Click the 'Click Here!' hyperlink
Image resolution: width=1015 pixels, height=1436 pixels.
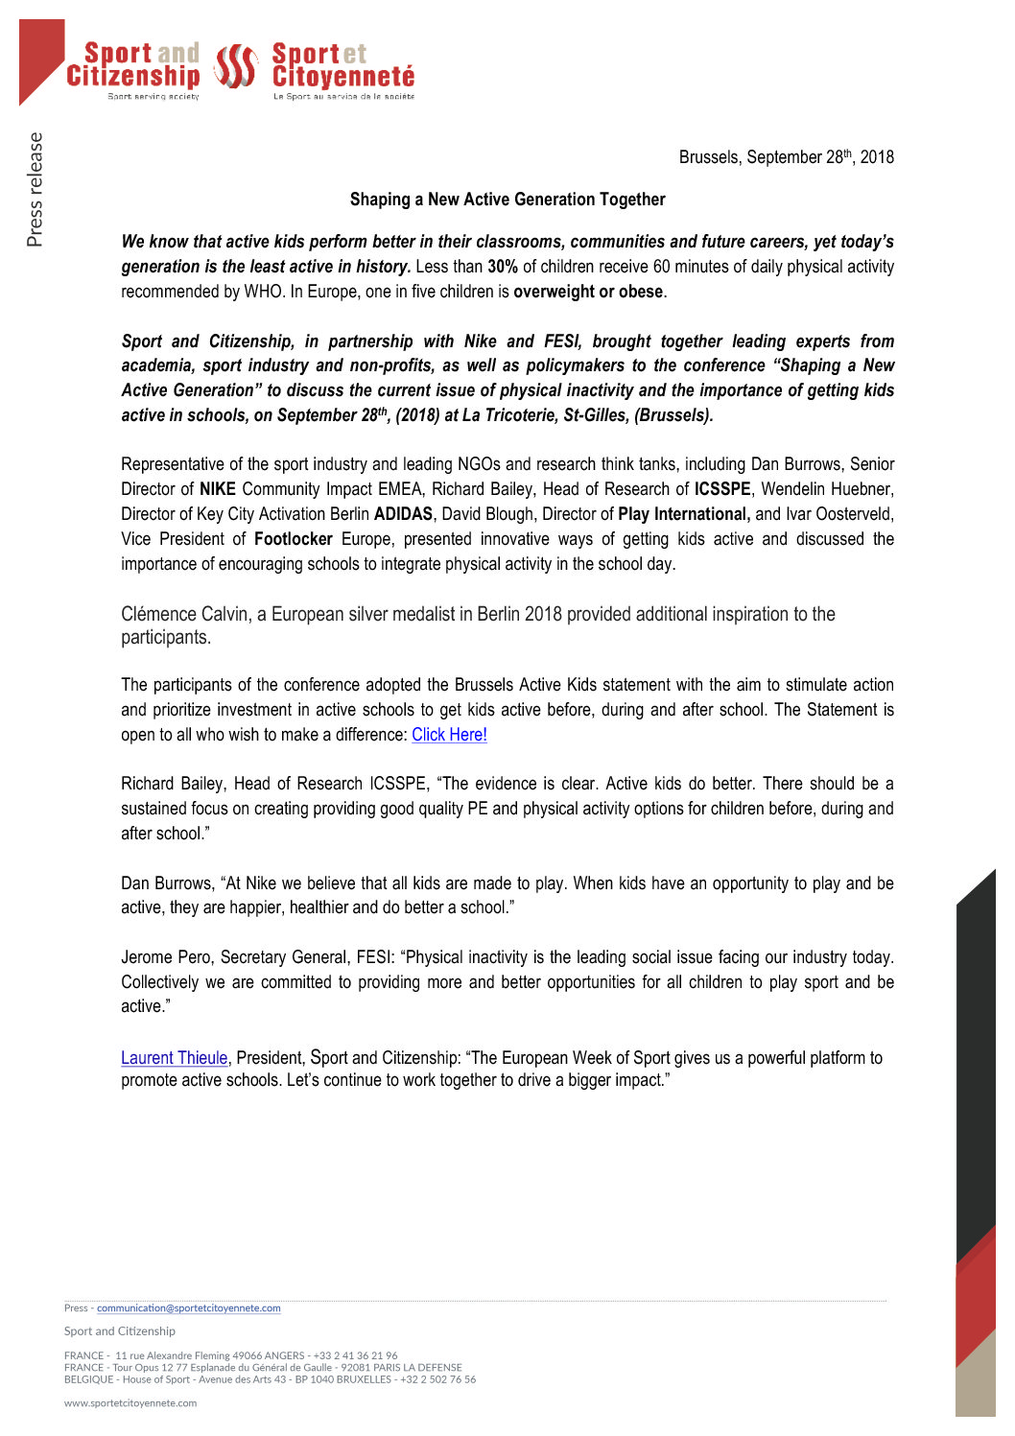[x=449, y=735]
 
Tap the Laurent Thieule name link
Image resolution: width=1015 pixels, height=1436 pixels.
[x=174, y=1058]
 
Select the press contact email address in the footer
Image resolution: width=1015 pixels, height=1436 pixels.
[x=188, y=1308]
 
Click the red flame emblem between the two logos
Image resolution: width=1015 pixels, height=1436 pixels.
[x=235, y=66]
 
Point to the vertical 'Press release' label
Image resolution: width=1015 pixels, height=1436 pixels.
[x=35, y=189]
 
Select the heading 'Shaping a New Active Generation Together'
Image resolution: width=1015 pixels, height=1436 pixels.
[x=507, y=200]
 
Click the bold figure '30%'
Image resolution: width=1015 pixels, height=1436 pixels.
[x=503, y=267]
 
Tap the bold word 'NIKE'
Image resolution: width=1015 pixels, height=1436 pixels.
[x=218, y=489]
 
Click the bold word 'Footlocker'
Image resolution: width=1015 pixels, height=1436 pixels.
[x=293, y=539]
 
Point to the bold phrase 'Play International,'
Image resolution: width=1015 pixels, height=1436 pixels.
[x=684, y=514]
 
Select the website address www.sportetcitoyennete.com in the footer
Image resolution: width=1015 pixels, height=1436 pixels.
[x=130, y=1403]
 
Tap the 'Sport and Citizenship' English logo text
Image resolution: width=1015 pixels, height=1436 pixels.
[x=134, y=65]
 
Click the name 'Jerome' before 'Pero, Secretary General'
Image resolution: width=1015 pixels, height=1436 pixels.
[x=147, y=957]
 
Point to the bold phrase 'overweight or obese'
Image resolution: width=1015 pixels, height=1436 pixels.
[x=588, y=292]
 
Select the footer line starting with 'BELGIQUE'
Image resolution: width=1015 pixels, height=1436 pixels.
[x=270, y=1379]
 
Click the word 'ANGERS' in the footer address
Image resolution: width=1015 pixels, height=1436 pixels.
[x=285, y=1356]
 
